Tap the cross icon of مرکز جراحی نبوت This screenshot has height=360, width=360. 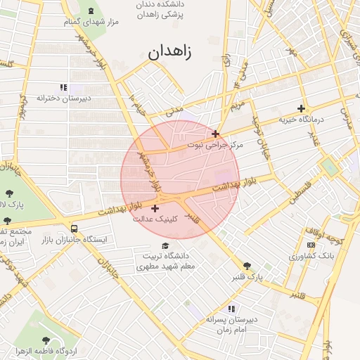(215, 134)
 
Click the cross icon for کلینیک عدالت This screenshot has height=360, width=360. (155, 208)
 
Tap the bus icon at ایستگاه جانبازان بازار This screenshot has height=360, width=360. (75, 229)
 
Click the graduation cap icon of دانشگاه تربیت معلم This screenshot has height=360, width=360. (165, 246)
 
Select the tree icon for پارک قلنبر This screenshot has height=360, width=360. (247, 266)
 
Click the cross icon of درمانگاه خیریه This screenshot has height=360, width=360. (302, 108)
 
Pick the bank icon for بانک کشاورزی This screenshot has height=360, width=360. (311, 244)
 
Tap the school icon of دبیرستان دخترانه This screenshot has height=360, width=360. (64, 87)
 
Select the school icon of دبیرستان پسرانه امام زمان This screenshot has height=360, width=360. (231, 309)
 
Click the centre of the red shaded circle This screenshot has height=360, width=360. (180, 180)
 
